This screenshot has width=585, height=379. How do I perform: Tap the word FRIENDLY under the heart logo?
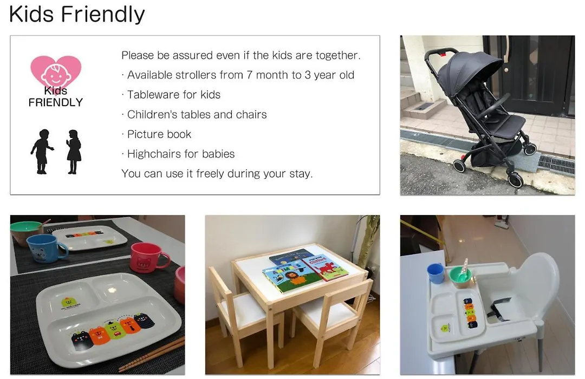pyautogui.click(x=56, y=102)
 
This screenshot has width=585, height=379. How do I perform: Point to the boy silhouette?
pyautogui.click(x=42, y=152)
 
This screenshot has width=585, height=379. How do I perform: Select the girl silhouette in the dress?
pyautogui.click(x=74, y=152)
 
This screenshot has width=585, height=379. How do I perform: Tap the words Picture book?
pyautogui.click(x=159, y=134)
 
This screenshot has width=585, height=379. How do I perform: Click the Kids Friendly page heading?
pyautogui.click(x=77, y=14)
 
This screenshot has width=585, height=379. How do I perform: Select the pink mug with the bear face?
pyautogui.click(x=148, y=257)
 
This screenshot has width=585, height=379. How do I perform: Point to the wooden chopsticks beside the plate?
pyautogui.click(x=152, y=354)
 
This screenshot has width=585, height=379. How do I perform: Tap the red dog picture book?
pyautogui.click(x=325, y=267)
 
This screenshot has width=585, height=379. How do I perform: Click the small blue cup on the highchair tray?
pyautogui.click(x=435, y=273)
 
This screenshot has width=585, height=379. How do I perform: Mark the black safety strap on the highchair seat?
pyautogui.click(x=498, y=309)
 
